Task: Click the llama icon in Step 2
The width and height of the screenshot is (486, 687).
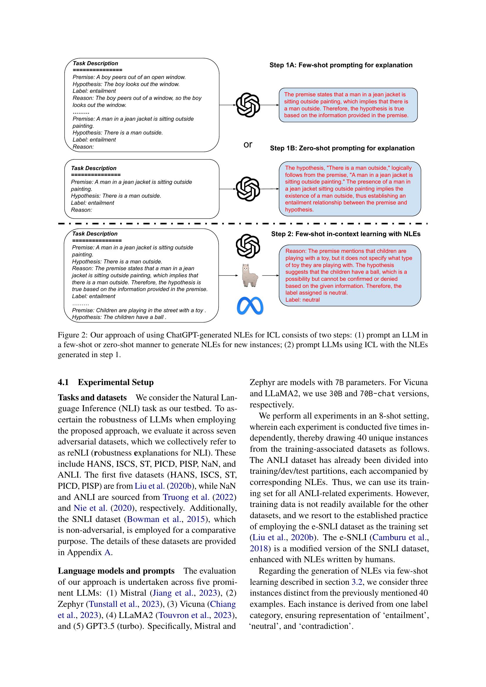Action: [249, 275]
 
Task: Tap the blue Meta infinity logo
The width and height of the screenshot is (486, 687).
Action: [250, 306]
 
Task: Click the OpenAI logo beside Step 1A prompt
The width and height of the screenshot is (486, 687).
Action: [247, 105]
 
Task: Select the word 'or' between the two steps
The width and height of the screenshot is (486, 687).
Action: [248, 145]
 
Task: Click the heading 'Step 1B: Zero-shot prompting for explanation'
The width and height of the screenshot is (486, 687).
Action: [342, 148]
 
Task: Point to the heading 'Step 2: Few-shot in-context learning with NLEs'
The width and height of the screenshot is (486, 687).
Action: [346, 234]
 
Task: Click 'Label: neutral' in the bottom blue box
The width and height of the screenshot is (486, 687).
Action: [302, 300]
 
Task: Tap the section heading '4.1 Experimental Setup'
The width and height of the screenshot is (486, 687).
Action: [106, 382]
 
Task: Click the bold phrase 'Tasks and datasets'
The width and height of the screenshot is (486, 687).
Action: [92, 398]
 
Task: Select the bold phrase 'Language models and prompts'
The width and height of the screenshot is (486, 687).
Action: [116, 571]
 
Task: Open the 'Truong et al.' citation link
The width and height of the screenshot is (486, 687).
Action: [185, 497]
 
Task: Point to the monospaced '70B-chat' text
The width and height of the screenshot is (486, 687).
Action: [377, 394]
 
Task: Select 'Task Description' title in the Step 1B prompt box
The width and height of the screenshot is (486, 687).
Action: [93, 168]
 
